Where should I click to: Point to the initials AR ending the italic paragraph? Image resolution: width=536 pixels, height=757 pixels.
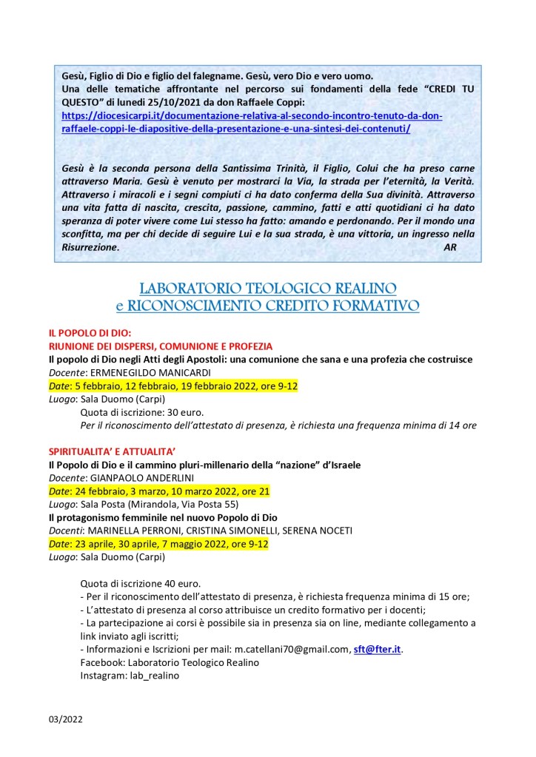pos(450,248)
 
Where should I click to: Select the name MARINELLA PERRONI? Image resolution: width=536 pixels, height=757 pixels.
pos(130,531)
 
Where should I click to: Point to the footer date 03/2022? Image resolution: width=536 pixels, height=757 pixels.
pos(66,719)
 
